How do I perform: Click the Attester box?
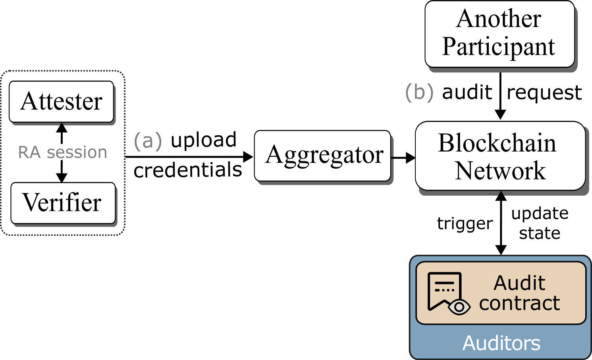tap(62, 102)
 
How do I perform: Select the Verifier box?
tap(63, 203)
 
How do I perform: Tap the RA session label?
tap(63, 152)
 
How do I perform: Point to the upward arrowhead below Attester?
tap(62, 128)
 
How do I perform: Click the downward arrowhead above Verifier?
tap(62, 177)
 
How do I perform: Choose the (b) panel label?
tap(419, 92)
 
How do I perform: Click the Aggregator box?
tap(322, 156)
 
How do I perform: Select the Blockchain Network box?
tap(500, 156)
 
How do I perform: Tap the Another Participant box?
tap(499, 34)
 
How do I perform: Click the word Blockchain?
tap(497, 143)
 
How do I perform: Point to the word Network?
tap(500, 171)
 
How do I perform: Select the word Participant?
tap(498, 47)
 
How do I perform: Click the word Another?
tap(499, 19)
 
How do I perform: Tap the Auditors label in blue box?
tap(501, 343)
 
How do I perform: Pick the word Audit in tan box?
tap(519, 283)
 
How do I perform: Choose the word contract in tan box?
tap(519, 303)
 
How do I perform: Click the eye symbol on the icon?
tap(459, 307)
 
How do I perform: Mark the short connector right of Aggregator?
tap(392, 158)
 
